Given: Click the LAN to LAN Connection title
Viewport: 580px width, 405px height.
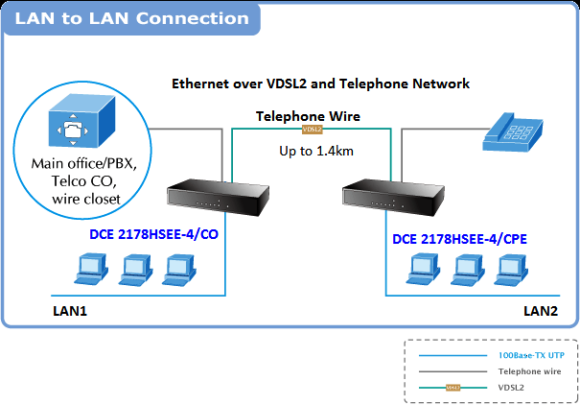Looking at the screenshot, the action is coord(131,18).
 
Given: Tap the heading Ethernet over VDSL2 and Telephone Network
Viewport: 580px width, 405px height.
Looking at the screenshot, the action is coord(321,83).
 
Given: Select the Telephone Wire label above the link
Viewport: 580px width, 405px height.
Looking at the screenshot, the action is coord(308,116).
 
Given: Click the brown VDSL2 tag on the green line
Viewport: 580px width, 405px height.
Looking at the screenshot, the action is coord(313,130).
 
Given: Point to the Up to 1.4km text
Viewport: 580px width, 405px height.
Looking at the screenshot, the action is coord(316,151).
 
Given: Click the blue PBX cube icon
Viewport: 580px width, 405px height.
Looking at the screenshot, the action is coord(81,121).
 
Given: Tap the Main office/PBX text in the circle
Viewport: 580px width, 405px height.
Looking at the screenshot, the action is coord(84,163).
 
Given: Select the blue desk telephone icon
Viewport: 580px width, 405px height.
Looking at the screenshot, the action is coord(513,132).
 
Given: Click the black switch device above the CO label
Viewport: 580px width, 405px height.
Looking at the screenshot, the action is coord(219,198).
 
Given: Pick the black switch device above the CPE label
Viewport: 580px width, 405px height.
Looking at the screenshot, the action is coord(394,198).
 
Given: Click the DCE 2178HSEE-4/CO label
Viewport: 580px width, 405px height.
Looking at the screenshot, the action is coord(154,234).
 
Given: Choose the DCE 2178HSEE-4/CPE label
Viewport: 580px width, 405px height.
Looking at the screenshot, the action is coord(459,239).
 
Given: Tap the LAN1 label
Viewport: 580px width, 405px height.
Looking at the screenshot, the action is coord(70,311).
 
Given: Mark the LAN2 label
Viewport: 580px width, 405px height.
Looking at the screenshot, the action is coord(541,311).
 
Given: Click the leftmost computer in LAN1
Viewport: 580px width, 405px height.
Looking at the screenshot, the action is coord(91,270).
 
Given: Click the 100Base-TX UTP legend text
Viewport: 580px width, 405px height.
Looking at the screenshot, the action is coord(531,355).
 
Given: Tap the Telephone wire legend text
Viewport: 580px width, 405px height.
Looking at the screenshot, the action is coord(529,371).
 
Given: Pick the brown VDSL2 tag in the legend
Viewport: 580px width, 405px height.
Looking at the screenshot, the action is coord(453,388).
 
